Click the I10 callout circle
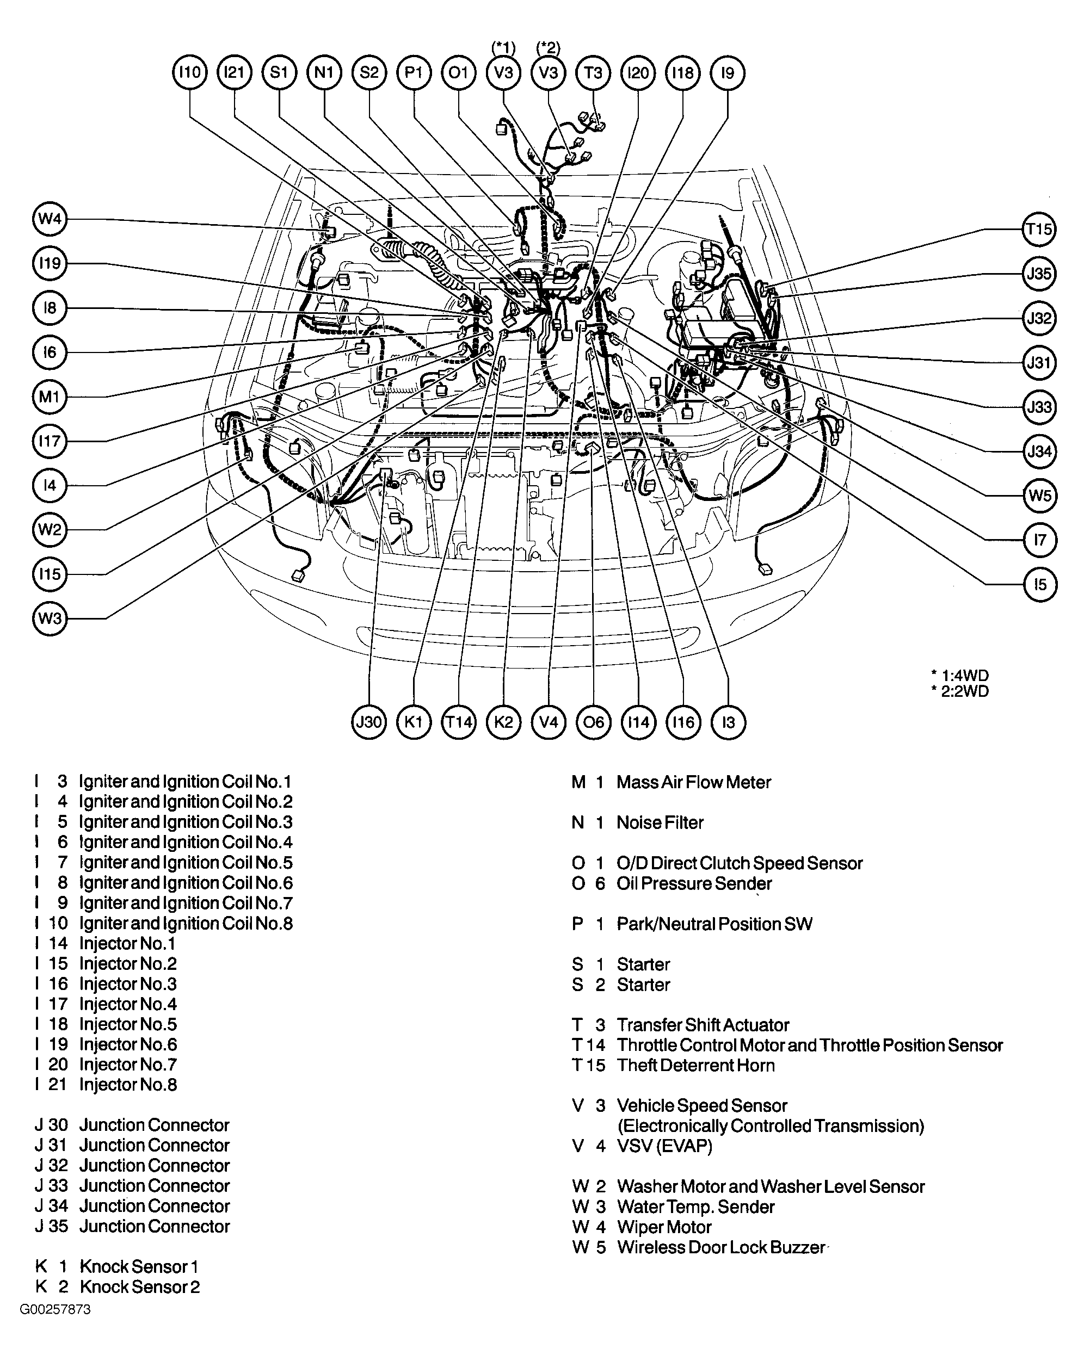pyautogui.click(x=189, y=73)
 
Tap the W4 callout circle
pyautogui.click(x=50, y=219)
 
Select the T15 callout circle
pyautogui.click(x=1038, y=230)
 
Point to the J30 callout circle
pyautogui.click(x=369, y=722)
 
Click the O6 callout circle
pyautogui.click(x=593, y=722)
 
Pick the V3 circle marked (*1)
pyautogui.click(x=503, y=73)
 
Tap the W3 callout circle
pyautogui.click(x=50, y=618)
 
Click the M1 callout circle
pyautogui.click(x=50, y=397)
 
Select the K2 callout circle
pyautogui.click(x=503, y=722)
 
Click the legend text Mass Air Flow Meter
pyautogui.click(x=693, y=782)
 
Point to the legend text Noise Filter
pyautogui.click(x=660, y=822)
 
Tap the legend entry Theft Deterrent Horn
pyautogui.click(x=695, y=1065)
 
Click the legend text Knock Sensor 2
pyautogui.click(x=139, y=1287)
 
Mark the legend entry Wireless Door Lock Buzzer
pyautogui.click(x=720, y=1247)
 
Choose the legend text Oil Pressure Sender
pyautogui.click(x=693, y=883)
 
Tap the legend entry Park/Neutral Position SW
pyautogui.click(x=714, y=924)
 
